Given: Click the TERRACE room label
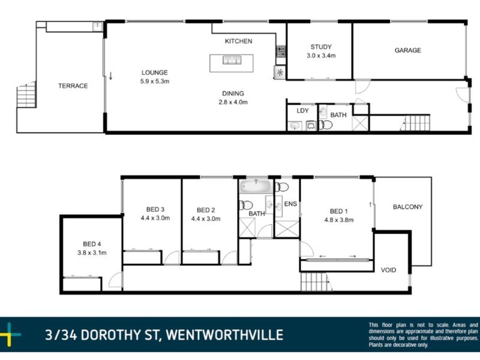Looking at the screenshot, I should point(73,86).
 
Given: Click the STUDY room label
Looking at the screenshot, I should point(320,47).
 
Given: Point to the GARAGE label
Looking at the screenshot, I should point(407,50).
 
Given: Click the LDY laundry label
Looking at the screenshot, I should point(302,111).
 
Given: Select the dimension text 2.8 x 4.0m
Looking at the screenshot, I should point(232,102).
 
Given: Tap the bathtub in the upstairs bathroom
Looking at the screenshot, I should point(256,187).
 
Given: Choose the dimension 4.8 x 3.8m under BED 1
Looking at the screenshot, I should point(338,220).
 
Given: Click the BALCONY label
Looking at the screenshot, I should point(407,207).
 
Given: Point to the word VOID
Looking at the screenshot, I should point(389,270).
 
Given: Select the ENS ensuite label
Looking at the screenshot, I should point(290,204).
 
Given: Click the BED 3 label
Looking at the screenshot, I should point(155,209).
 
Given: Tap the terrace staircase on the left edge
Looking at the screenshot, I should point(25,95).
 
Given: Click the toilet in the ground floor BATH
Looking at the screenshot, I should point(325,125).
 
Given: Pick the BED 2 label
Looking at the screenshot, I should point(206,210).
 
